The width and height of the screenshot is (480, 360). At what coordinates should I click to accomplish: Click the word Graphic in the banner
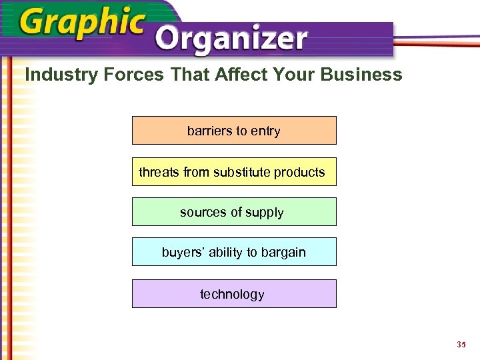click(82, 23)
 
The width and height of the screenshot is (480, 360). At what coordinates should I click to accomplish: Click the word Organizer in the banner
click(233, 40)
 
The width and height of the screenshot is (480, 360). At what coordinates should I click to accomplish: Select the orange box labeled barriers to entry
click(234, 131)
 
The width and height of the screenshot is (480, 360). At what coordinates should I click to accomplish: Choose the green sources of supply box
click(234, 212)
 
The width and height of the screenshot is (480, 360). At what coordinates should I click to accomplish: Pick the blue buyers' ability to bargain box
click(234, 252)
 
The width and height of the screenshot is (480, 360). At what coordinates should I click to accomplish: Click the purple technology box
click(234, 294)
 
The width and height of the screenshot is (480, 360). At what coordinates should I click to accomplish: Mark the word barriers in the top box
click(209, 131)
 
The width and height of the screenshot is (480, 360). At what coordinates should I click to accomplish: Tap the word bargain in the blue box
click(283, 253)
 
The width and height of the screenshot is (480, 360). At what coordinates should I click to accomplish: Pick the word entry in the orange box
click(265, 131)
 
